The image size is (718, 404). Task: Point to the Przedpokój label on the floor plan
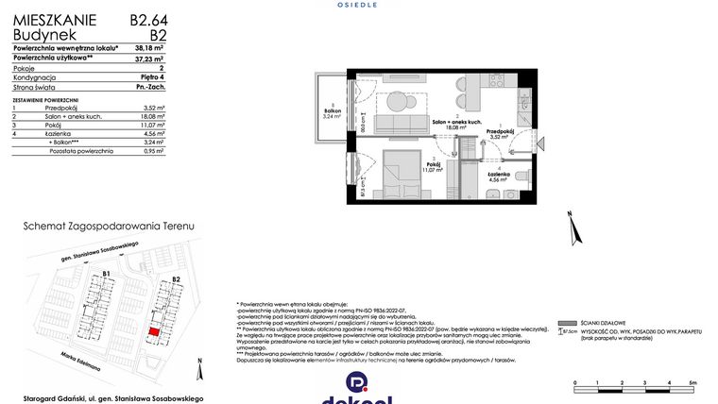pyautogui.click(x=500, y=133)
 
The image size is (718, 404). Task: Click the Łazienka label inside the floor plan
pyautogui.click(x=499, y=175)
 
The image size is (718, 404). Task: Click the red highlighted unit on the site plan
pyautogui.click(x=153, y=332)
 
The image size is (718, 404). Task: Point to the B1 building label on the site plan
pyautogui.click(x=107, y=275)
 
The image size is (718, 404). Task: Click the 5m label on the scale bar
pyautogui.click(x=692, y=381)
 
